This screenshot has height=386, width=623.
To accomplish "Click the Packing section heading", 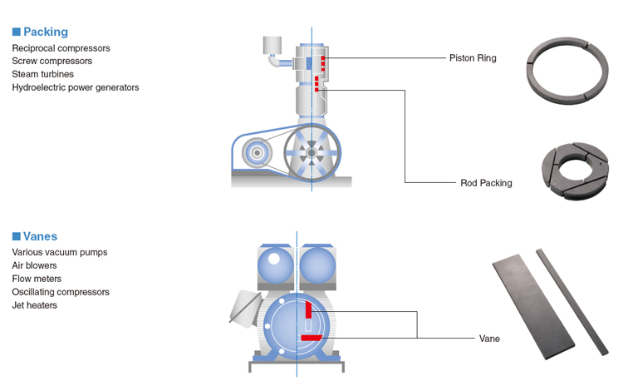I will point(45,32).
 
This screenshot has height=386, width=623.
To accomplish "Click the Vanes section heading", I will point(40,236).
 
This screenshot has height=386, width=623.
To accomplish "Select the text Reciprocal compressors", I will point(61,48).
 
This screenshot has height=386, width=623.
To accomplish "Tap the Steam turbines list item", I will point(43,74).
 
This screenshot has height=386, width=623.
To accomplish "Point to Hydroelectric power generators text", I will point(76,87).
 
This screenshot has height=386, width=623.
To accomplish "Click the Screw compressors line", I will point(52,61).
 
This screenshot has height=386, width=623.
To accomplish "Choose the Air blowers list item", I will point(35,265).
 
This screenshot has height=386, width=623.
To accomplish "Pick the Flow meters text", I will point(37,279).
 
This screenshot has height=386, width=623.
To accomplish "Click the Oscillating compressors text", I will point(61,292).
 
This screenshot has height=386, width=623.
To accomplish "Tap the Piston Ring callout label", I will point(473,58).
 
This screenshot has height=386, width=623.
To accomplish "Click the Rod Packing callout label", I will point(486,183).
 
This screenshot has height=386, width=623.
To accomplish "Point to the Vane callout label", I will point(489,339).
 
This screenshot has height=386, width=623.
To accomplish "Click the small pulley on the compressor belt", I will point(257,153).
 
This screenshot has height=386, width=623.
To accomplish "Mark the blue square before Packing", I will point(16,32).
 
